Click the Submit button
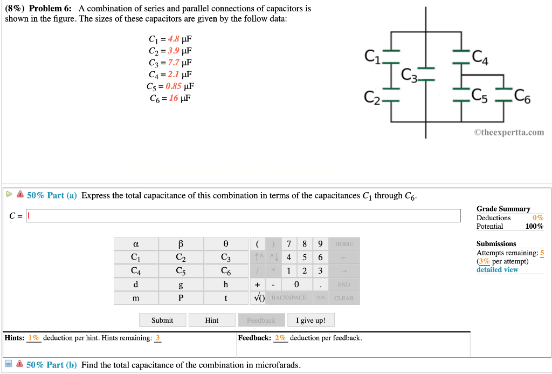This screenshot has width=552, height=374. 162,320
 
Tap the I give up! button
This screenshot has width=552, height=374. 310,320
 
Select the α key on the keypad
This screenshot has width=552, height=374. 136,244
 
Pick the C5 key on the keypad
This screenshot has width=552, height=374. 181,271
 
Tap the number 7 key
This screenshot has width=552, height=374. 289,244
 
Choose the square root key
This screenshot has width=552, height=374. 259,298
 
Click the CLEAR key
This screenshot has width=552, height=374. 343,298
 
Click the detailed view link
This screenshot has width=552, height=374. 497,270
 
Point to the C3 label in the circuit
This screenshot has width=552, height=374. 409,73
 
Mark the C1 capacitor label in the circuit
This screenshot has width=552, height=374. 372,56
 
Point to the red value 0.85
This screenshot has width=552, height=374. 174,86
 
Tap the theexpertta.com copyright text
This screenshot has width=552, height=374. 509,132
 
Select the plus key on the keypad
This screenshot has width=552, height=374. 257,284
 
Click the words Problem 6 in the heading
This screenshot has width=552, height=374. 52,9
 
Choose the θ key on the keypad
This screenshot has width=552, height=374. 225,244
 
